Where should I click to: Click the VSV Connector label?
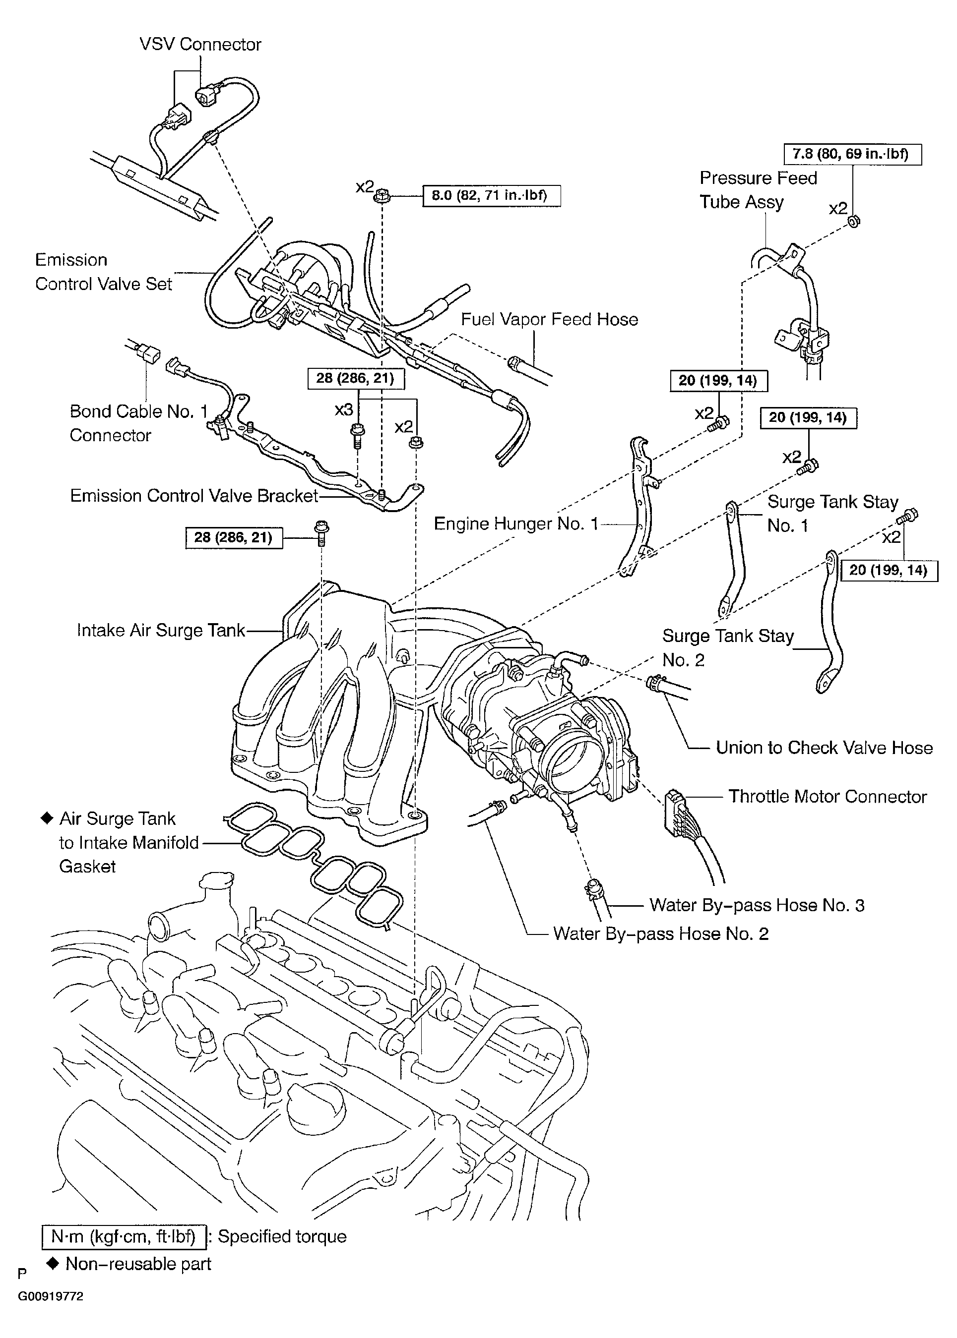tap(200, 44)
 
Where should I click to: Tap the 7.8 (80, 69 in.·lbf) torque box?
tap(852, 154)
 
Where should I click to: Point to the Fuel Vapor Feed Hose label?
tap(549, 319)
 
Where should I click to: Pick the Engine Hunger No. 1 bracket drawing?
tap(639, 507)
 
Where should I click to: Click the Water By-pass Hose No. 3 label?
tap(757, 905)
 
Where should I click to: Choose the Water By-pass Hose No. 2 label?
tap(661, 933)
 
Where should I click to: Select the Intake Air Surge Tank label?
tap(160, 630)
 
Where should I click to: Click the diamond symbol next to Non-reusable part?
tap(53, 1263)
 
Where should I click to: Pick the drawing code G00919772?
tap(50, 1296)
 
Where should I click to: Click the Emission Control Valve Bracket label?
tap(194, 496)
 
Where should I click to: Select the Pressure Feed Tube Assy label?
tap(758, 190)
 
